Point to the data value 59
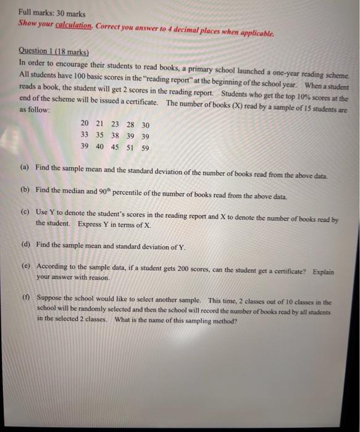coord(144,147)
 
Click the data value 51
coord(130,147)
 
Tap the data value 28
coord(130,124)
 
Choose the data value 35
coord(99,136)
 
